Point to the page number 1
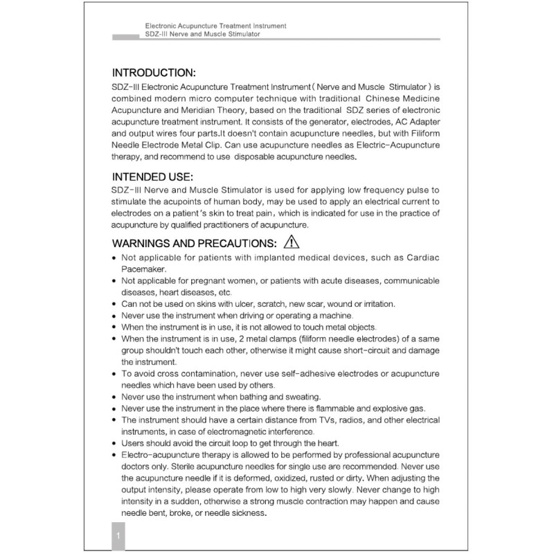(x=119, y=537)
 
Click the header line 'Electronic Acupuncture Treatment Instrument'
(x=216, y=26)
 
